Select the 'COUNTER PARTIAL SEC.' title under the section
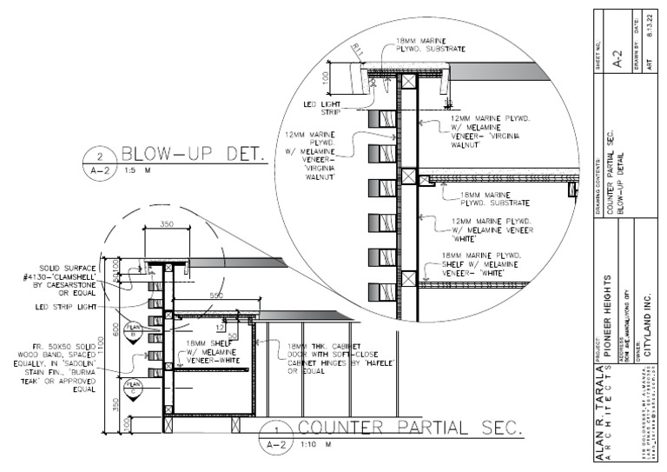tap(409, 429)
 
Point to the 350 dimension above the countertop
tap(168, 225)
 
